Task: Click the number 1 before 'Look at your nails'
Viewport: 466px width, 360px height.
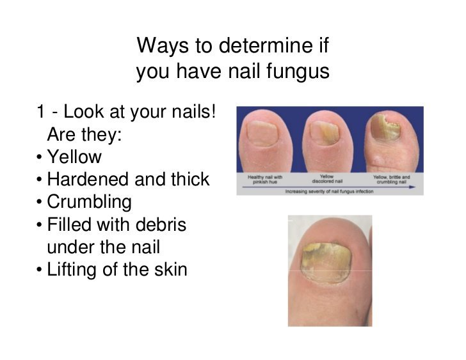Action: pyautogui.click(x=40, y=113)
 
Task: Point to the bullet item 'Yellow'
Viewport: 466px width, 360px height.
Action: pyautogui.click(x=74, y=157)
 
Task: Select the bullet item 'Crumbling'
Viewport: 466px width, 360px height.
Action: pyautogui.click(x=89, y=202)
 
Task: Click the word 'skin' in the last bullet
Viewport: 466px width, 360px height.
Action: pyautogui.click(x=170, y=269)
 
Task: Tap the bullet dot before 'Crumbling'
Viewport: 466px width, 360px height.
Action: pyautogui.click(x=40, y=203)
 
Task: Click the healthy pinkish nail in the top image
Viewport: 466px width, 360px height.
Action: pyautogui.click(x=262, y=132)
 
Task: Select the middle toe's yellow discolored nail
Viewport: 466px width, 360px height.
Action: pyautogui.click(x=325, y=131)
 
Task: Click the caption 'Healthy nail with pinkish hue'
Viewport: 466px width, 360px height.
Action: pyautogui.click(x=265, y=178)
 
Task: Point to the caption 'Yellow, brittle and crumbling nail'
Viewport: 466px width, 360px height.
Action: pyautogui.click(x=391, y=178)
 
